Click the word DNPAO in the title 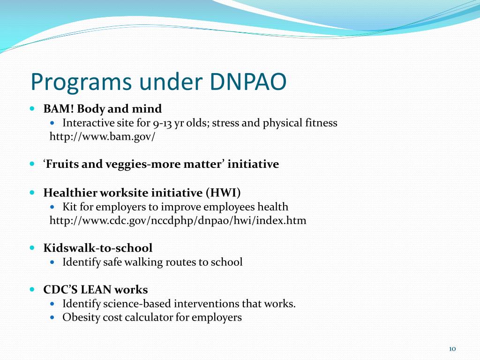pos(245,82)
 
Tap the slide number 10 pos(452,348)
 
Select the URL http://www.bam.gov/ pos(102,137)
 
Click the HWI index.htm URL pos(178,220)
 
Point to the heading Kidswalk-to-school pos(98,248)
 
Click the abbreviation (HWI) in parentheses pos(222,193)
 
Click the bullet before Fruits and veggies pos(32,164)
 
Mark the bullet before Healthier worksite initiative pos(32,192)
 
